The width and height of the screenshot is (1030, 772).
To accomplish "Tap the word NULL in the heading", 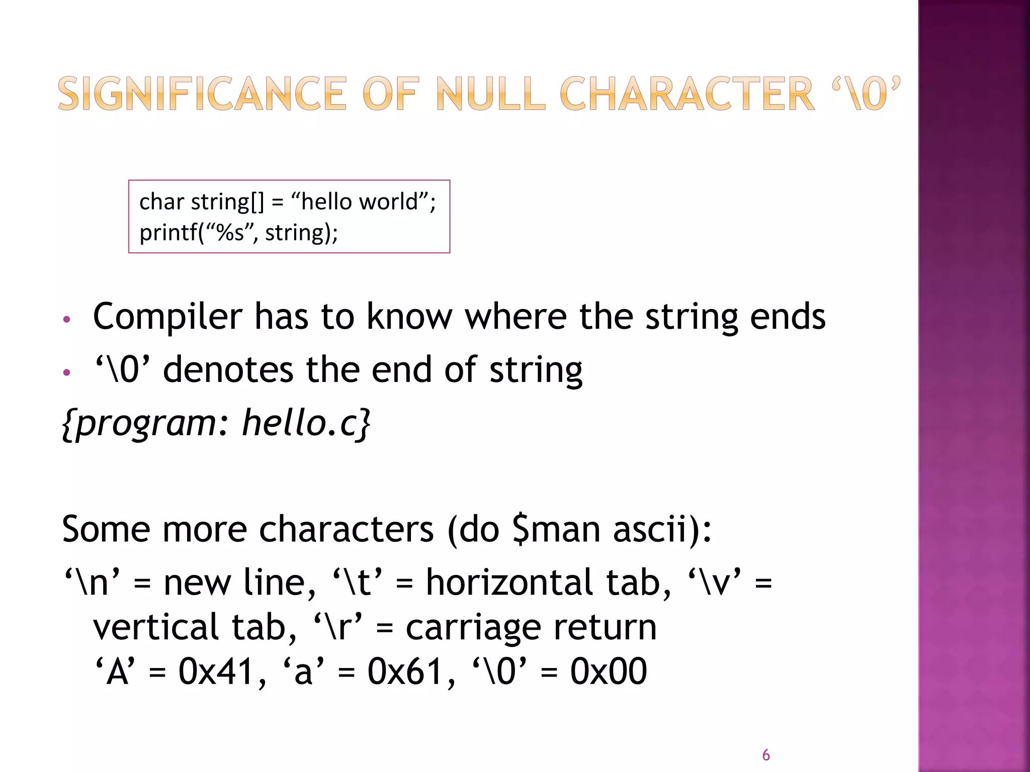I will click(490, 93).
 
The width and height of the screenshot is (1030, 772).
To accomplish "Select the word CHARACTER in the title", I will click(686, 93).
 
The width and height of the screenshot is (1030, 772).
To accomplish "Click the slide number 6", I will click(765, 755).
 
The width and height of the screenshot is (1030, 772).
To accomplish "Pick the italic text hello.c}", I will click(306, 423).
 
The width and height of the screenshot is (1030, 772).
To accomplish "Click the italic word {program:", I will click(146, 423).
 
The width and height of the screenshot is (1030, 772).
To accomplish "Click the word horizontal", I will click(509, 583).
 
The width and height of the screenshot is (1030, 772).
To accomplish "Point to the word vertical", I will click(156, 627).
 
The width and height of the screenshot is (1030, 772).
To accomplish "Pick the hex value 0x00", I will click(608, 671).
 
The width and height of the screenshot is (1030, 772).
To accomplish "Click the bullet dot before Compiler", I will click(66, 320).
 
